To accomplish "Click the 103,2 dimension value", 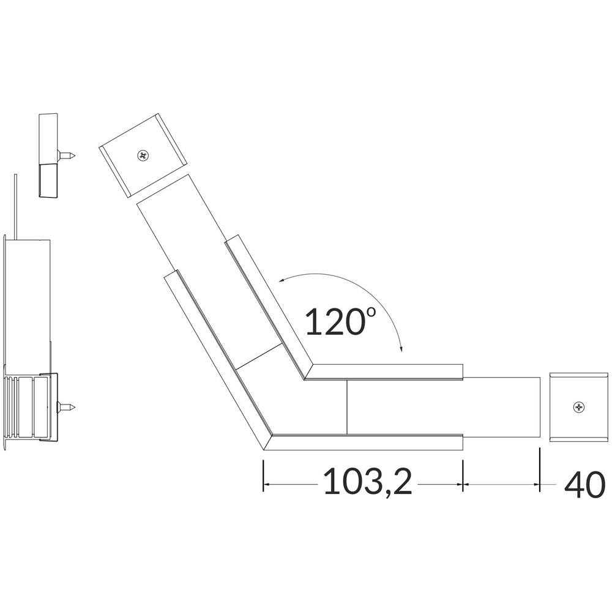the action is [368, 482].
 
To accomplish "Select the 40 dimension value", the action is [584, 484].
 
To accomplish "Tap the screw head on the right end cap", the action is [579, 408].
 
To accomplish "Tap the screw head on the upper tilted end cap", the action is [143, 155].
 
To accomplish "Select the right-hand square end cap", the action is [579, 407].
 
